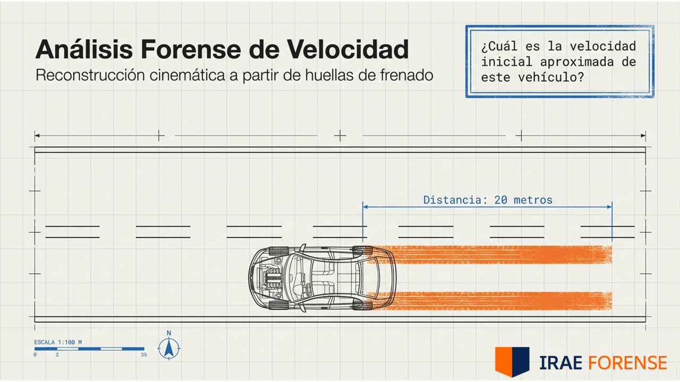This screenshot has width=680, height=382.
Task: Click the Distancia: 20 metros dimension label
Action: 488,200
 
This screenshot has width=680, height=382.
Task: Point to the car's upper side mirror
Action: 302,247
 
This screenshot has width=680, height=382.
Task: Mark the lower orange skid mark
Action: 491,300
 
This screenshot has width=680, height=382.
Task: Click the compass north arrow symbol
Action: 169,348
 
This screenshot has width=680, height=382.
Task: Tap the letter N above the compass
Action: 169,333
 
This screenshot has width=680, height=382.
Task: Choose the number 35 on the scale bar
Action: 143,354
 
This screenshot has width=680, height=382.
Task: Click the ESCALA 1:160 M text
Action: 58,342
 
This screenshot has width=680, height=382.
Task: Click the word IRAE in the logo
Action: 560,363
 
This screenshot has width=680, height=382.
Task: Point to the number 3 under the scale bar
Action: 57,354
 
